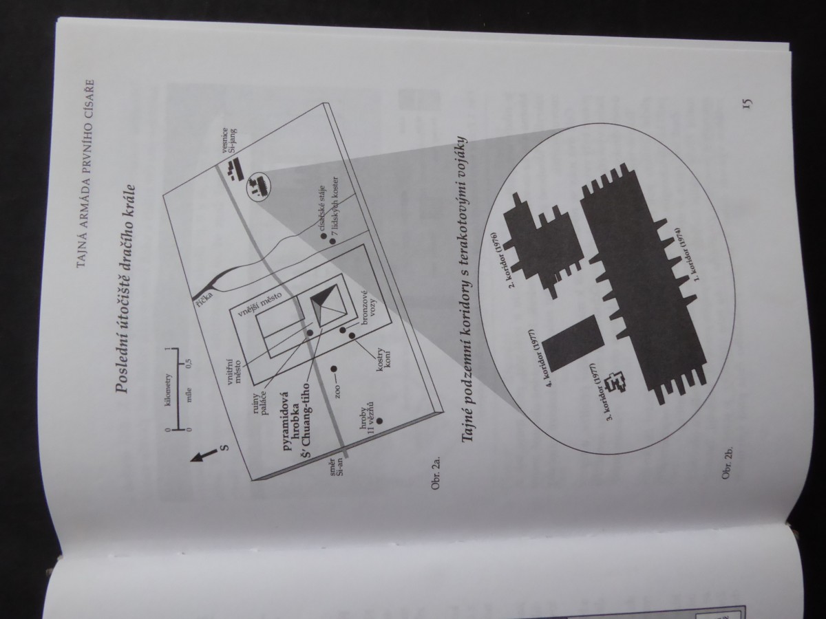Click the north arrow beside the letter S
(203, 455)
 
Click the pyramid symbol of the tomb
(328, 305)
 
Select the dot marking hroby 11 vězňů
(379, 420)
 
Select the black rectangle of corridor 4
(573, 343)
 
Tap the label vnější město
(255, 306)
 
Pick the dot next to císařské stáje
(324, 236)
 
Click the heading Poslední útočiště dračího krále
(126, 288)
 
